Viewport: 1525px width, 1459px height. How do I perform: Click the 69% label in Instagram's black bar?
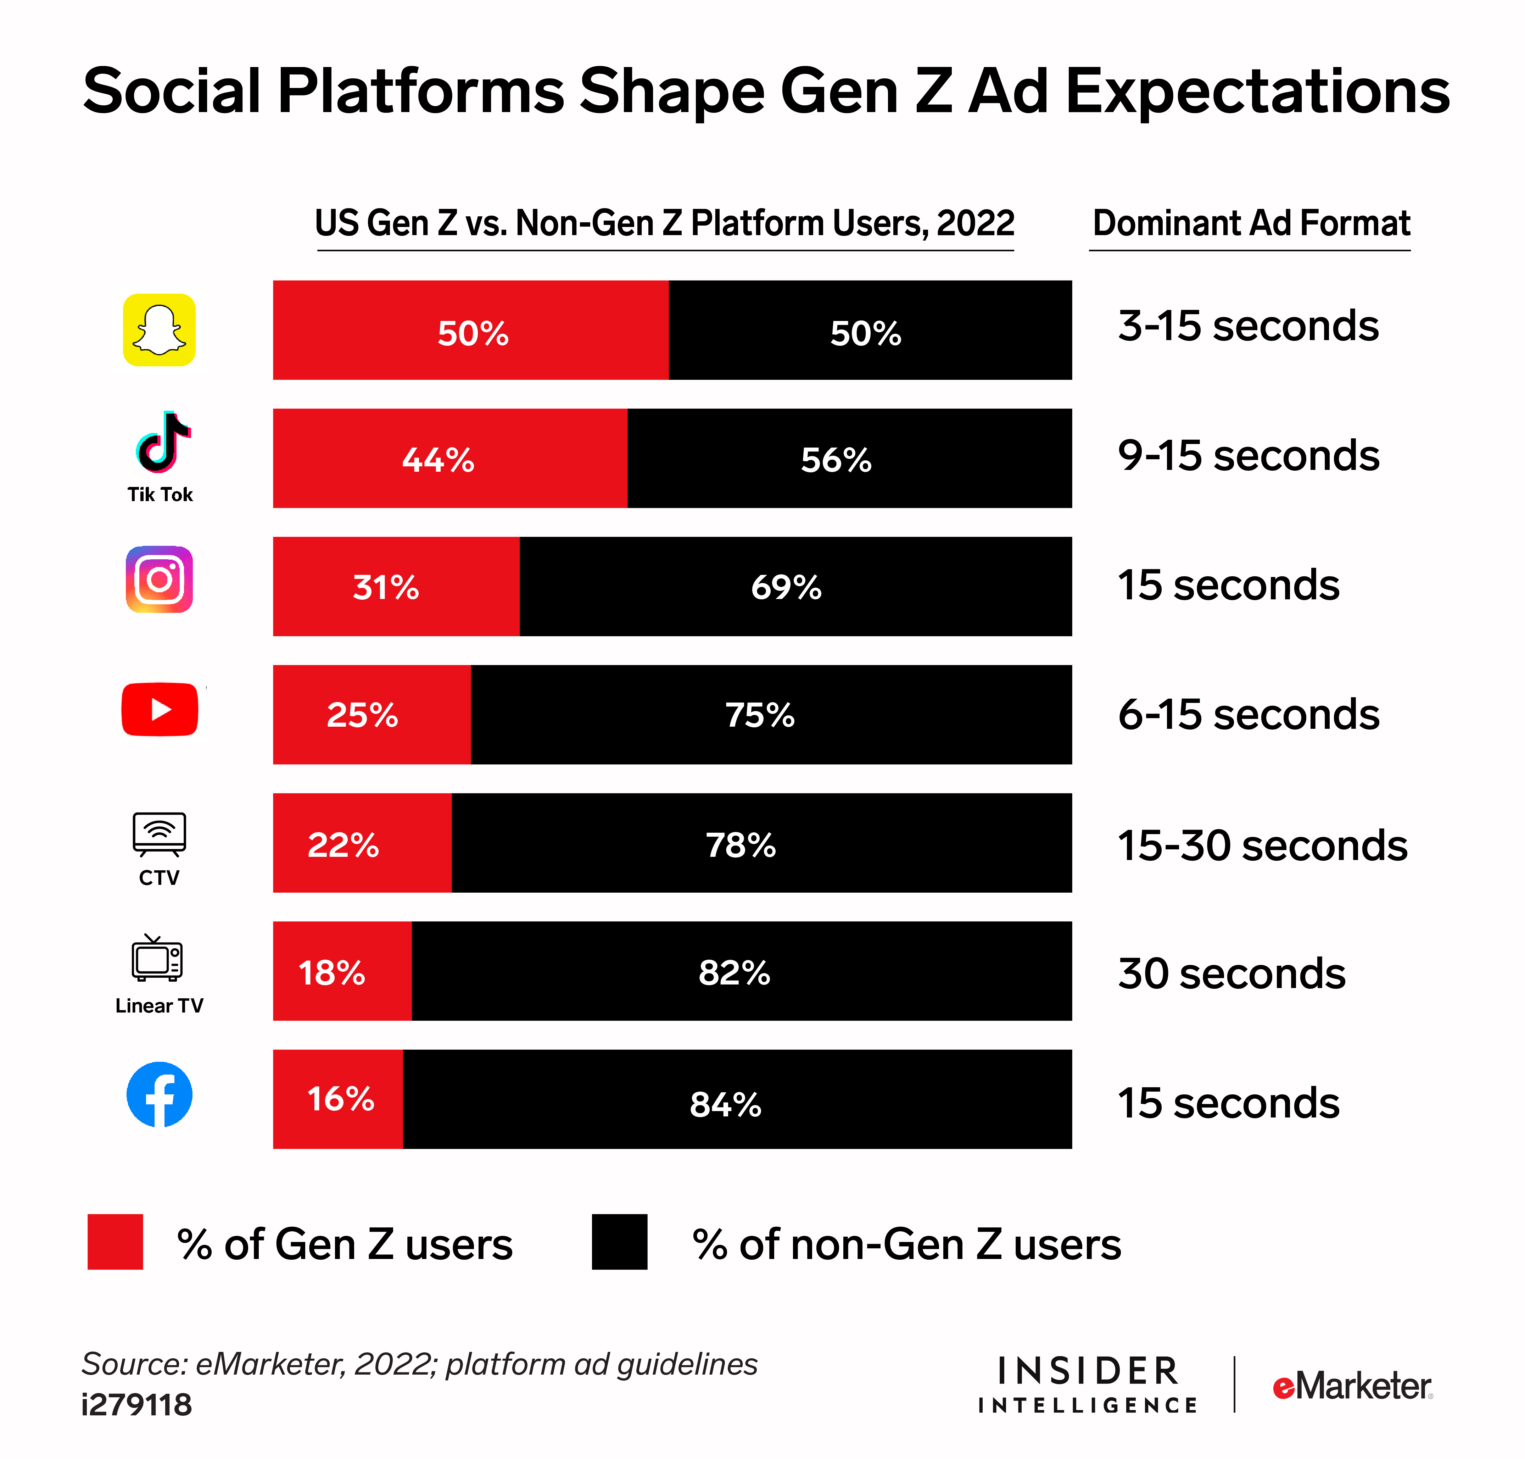(786, 587)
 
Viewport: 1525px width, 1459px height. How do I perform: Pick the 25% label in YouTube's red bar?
(362, 715)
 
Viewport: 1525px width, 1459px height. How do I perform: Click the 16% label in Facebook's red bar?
(340, 1099)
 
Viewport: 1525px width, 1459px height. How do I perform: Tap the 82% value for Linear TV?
(734, 972)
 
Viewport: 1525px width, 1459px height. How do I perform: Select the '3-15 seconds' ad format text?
(1247, 326)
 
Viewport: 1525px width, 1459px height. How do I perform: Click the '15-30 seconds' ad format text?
(1262, 845)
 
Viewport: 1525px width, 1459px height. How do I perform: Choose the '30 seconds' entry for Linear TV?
(1231, 974)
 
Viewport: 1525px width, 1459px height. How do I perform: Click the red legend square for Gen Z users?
(115, 1242)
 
